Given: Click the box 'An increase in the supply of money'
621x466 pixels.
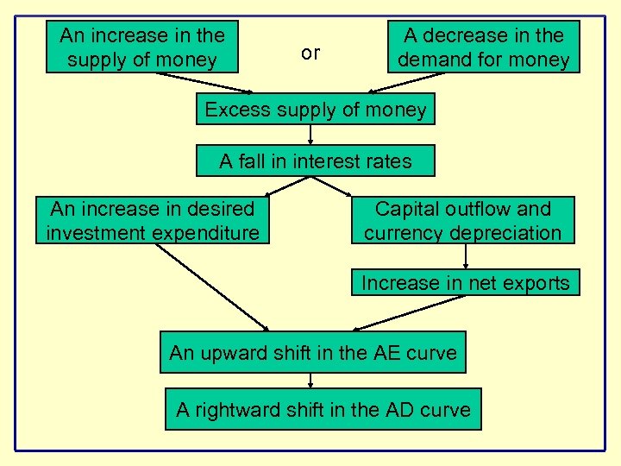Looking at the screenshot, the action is (141, 47).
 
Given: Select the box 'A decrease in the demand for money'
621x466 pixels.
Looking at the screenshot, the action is (483, 47).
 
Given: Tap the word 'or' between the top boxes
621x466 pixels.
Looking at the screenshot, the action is (310, 53).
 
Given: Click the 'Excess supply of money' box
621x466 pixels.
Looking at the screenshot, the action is (315, 110).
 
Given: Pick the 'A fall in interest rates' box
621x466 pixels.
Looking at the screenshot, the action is (315, 161).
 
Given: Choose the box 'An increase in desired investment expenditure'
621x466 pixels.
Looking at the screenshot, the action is (153, 221).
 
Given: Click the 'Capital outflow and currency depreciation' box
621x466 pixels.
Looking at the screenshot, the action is (462, 221).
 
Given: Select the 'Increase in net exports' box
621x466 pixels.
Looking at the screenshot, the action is (465, 283).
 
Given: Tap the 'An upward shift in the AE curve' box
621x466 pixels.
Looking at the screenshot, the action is (312, 352).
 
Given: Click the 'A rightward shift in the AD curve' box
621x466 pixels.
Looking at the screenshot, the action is (323, 409).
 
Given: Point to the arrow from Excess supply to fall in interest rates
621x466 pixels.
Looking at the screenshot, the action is (310, 135).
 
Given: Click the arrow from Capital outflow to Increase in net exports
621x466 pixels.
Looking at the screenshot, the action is (466, 257).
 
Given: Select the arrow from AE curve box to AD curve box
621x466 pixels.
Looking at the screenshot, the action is (310, 381).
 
